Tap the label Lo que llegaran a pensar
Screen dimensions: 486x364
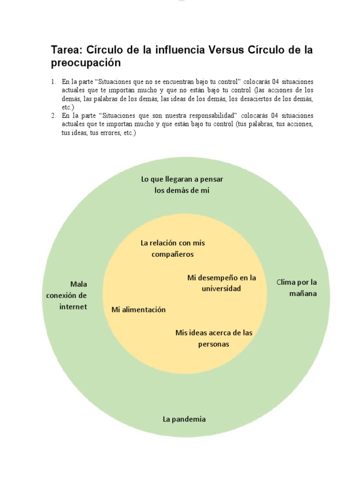[182, 179]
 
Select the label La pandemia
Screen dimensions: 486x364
[184, 419]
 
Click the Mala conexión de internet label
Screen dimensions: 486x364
[73, 295]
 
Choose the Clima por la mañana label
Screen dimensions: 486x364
[297, 288]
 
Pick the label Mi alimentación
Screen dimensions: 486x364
[138, 309]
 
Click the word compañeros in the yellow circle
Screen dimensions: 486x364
[173, 254]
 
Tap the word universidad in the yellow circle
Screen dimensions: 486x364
[221, 288]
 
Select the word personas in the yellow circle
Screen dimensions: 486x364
[213, 344]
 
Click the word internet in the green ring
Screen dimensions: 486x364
[73, 306]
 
